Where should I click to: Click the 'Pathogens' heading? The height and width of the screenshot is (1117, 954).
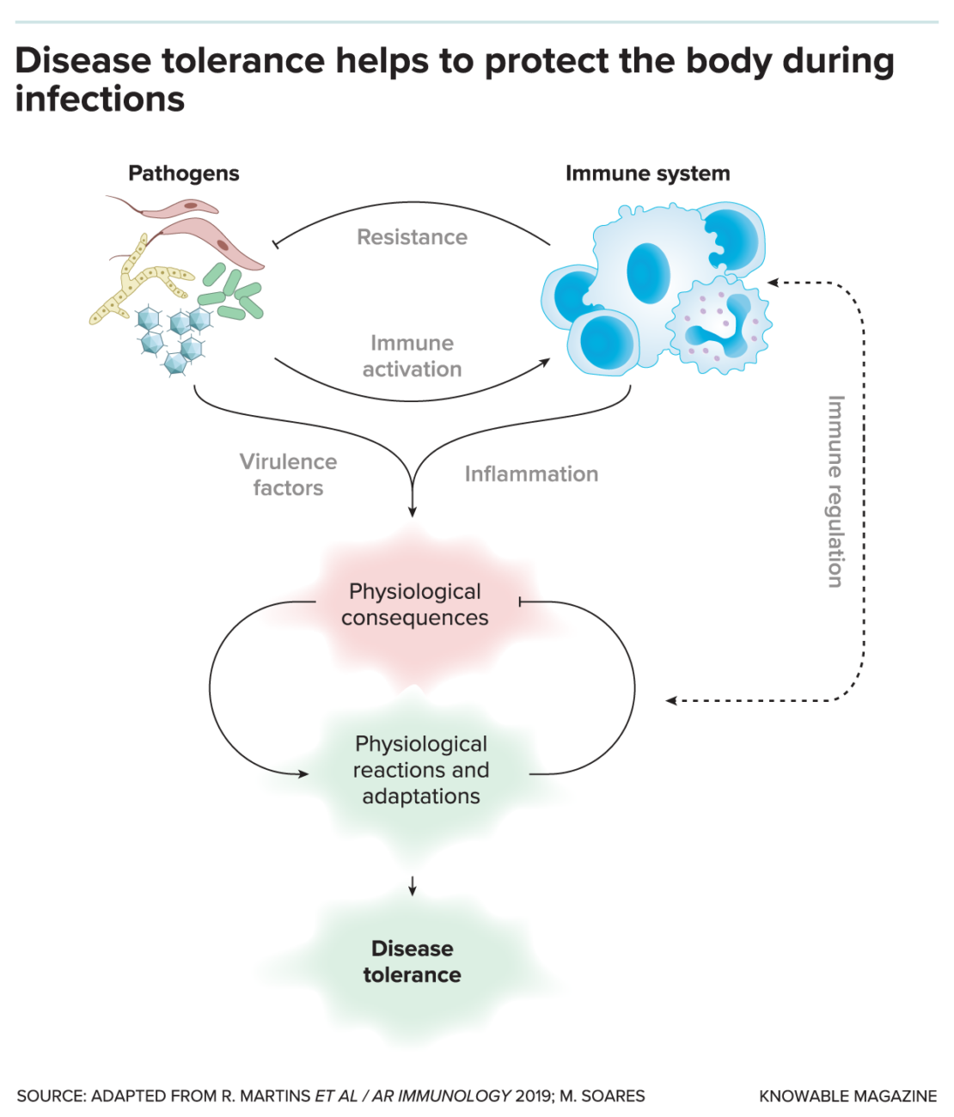click(x=183, y=174)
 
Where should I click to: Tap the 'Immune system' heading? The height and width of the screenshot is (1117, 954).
click(x=647, y=174)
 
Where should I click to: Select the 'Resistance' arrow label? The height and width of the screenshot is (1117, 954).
click(x=412, y=237)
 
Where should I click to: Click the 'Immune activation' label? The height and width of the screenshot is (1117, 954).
click(x=412, y=356)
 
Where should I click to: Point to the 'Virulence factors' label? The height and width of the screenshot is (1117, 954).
click(x=288, y=474)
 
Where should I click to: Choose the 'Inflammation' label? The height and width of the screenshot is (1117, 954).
click(x=531, y=474)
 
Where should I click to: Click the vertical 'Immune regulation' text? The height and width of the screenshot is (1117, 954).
click(x=835, y=491)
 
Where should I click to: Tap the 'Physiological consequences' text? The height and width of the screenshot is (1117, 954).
click(x=415, y=605)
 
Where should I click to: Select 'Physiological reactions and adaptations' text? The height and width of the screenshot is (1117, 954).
click(x=421, y=770)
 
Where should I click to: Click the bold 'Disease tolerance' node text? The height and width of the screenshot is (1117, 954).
click(x=412, y=961)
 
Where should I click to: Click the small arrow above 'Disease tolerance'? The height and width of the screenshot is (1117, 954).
click(x=413, y=886)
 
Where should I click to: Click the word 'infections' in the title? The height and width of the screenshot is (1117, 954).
click(x=100, y=100)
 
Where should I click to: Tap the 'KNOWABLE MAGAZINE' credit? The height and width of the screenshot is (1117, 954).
click(x=847, y=1096)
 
